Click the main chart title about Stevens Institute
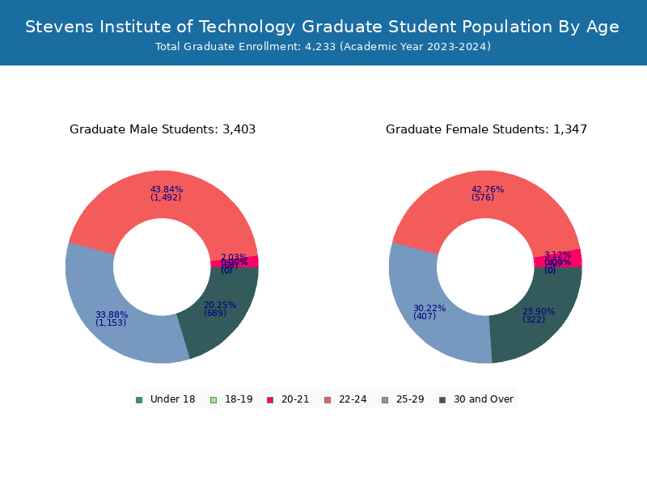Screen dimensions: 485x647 click(x=323, y=27)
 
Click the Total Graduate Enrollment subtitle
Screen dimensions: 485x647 click(x=323, y=47)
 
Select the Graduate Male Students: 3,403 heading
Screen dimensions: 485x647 click(x=163, y=129)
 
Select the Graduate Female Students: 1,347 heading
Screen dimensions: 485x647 click(x=486, y=129)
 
